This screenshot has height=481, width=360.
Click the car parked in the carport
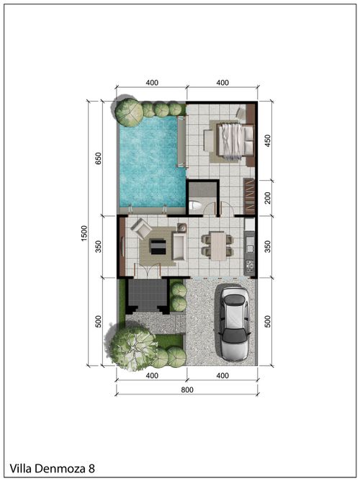pos(235,323)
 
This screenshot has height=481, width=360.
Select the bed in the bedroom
pos(235,141)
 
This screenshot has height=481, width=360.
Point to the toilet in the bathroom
pos(194,205)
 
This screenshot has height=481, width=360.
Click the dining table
pos(218,246)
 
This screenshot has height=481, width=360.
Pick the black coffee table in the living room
pos(158,247)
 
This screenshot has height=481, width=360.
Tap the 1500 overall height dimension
pos(84,233)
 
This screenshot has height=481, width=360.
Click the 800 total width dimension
pos(187,390)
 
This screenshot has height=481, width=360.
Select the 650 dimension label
pos(98,158)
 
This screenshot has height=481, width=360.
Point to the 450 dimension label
pos(267,141)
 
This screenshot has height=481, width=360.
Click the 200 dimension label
pos(267,198)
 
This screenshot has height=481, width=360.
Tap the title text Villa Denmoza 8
pos(52,469)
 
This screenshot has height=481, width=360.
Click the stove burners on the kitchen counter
pos(250,266)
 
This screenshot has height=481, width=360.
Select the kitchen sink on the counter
pos(250,248)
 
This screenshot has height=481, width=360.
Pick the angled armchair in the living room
pos(141,228)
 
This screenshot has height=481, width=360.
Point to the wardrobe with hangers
pos(249,197)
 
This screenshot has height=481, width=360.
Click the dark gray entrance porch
pos(148,295)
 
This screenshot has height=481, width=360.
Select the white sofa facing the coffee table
pos(179,246)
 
